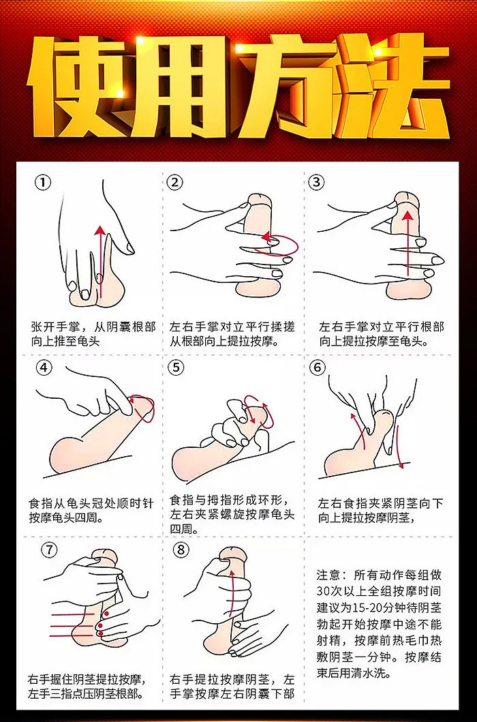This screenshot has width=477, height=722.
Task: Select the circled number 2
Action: (174, 182)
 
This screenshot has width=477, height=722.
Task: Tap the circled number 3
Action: (316, 182)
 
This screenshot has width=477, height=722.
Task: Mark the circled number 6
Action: (318, 367)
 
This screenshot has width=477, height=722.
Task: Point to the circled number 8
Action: (181, 550)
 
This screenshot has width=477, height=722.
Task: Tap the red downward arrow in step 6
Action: (399, 447)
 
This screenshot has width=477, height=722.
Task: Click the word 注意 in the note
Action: (328, 575)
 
